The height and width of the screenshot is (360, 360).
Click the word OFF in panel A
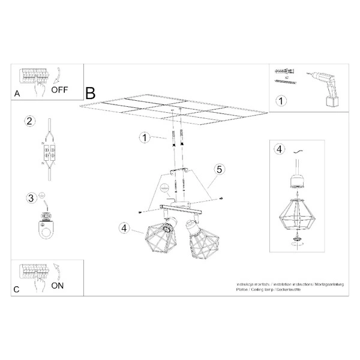(60, 91)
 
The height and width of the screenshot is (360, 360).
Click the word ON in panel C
(57, 286)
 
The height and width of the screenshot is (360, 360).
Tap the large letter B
(90, 94)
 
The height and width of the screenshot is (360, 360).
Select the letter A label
(17, 94)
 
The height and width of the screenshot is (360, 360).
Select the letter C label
(16, 289)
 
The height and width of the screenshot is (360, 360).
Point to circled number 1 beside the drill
(279, 101)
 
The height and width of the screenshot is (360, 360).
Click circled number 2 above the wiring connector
(28, 122)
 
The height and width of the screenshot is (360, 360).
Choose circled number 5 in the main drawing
(220, 170)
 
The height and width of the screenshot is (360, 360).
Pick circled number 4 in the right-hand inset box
(278, 149)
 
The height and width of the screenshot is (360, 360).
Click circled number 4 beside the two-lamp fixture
(124, 228)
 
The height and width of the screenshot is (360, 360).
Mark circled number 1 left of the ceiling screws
(144, 138)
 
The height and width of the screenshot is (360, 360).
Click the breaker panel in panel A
(35, 77)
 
